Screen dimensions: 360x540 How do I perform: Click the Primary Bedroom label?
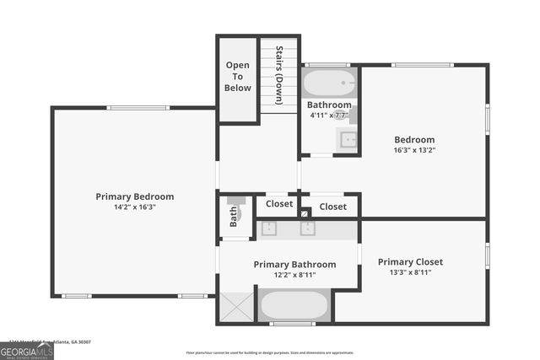[x=134, y=196]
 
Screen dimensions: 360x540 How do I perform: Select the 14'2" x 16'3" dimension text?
[x=134, y=207]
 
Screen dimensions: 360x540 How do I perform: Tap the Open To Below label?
[x=238, y=76]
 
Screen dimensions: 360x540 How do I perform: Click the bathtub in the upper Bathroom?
[x=329, y=83]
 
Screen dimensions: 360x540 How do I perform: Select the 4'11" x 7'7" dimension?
[x=328, y=115]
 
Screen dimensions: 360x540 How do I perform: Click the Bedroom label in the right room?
[x=414, y=140]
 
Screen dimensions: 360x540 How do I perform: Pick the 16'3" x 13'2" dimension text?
[x=414, y=150]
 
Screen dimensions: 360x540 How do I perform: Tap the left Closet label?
[x=279, y=204]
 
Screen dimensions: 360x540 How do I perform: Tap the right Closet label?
[x=332, y=207]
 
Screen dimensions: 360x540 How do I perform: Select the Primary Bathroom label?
[x=294, y=265]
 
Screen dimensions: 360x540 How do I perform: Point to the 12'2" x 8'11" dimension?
[x=294, y=275]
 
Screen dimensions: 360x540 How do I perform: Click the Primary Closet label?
[x=410, y=262]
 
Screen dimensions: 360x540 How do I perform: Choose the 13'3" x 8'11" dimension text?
[x=410, y=272]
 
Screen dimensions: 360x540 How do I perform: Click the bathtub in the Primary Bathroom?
[x=294, y=305]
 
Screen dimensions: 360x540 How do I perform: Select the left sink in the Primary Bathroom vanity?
[x=269, y=228]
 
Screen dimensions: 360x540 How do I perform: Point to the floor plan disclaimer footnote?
[x=269, y=352]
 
